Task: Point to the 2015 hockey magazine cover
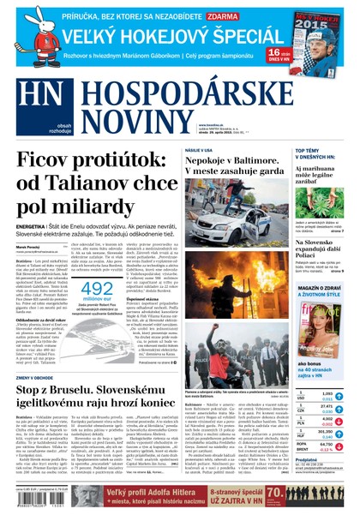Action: pyautogui.click(x=318, y=42)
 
